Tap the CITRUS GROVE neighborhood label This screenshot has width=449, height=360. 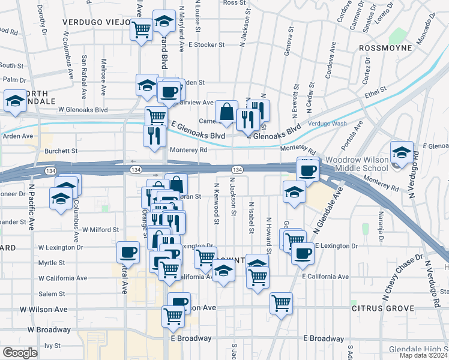coord(384,308)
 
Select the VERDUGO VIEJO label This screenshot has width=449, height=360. coord(96,22)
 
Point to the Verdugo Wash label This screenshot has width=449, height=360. coord(327,123)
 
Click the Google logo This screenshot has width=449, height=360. coord(19,352)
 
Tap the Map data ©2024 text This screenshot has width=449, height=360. coord(423,355)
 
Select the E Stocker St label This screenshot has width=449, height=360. coord(206,44)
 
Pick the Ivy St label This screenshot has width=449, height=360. coord(53,346)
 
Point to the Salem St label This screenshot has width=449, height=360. coord(52,294)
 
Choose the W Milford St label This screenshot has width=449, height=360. coord(101,229)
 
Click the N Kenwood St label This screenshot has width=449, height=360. coord(215,205)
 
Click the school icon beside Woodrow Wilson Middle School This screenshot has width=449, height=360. coord(402,152)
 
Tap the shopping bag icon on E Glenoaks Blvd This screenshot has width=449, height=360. coord(226,111)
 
